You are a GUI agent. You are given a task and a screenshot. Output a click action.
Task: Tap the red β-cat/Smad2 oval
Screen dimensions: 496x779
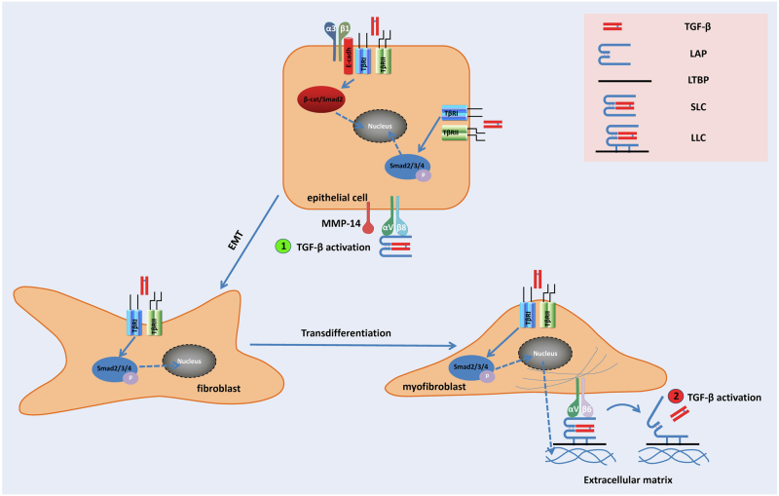pyautogui.click(x=326, y=98)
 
